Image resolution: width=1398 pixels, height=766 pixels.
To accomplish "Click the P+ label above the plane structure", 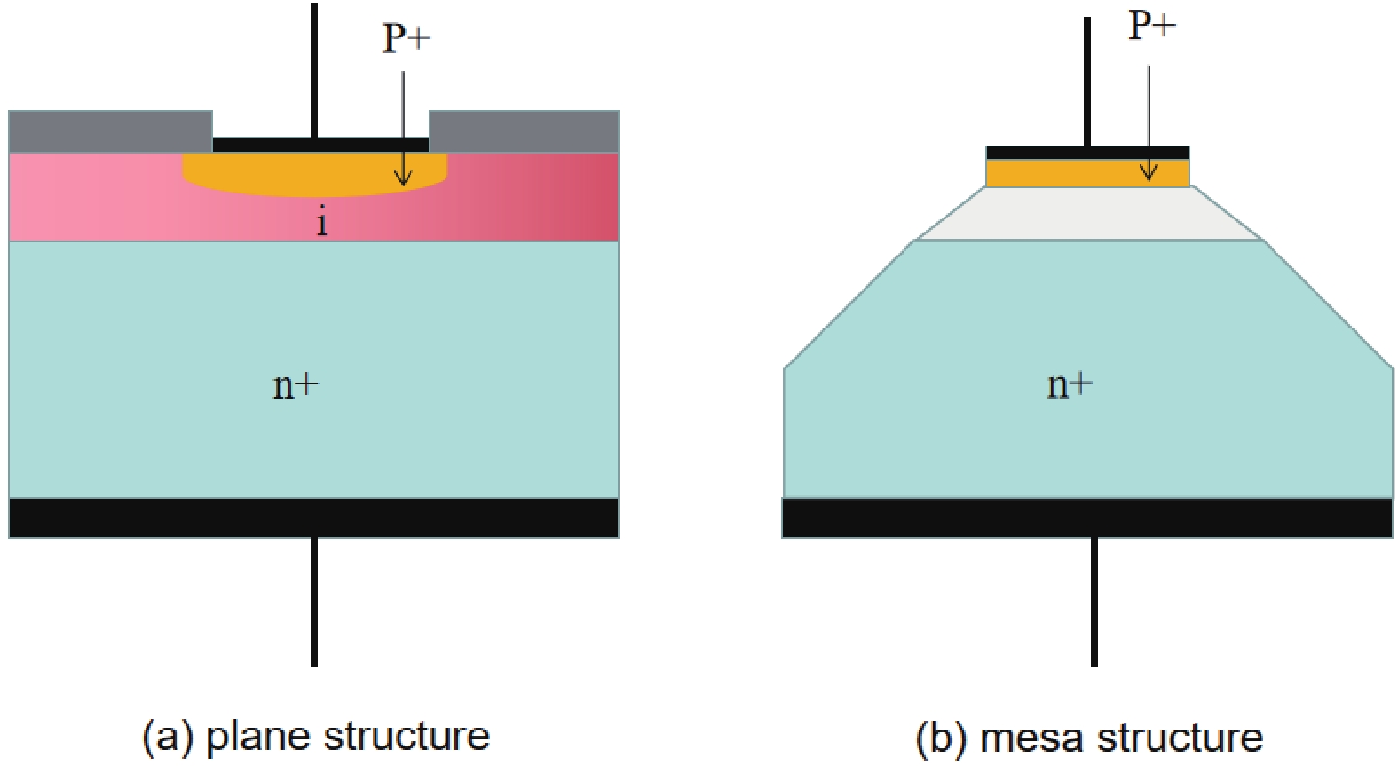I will click(406, 38).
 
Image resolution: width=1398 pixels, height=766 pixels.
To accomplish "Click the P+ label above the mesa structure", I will click(1151, 25).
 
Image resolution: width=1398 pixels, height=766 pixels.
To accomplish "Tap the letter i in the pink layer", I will click(321, 221).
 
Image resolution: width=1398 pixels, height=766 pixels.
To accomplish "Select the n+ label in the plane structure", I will click(295, 384).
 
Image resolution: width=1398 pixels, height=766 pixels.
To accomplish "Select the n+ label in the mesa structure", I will click(1070, 383).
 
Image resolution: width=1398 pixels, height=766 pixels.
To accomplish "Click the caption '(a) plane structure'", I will click(316, 736).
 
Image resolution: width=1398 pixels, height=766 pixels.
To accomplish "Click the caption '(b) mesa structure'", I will click(1089, 738).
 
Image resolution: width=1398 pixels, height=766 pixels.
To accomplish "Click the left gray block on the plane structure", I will click(110, 131).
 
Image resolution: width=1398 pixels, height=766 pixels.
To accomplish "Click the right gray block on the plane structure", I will click(524, 131).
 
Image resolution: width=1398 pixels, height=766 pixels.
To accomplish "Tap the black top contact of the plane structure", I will click(266, 145).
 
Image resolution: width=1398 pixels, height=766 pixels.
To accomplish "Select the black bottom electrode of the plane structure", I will click(313, 517).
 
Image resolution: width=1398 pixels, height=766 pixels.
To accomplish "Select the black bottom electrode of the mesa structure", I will click(1086, 517).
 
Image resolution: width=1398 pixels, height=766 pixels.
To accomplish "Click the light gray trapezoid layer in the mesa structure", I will click(1089, 214).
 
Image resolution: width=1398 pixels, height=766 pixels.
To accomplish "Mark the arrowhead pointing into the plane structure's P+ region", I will click(403, 179).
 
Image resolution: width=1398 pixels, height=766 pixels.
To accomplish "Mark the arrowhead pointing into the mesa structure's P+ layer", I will click(1149, 174).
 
